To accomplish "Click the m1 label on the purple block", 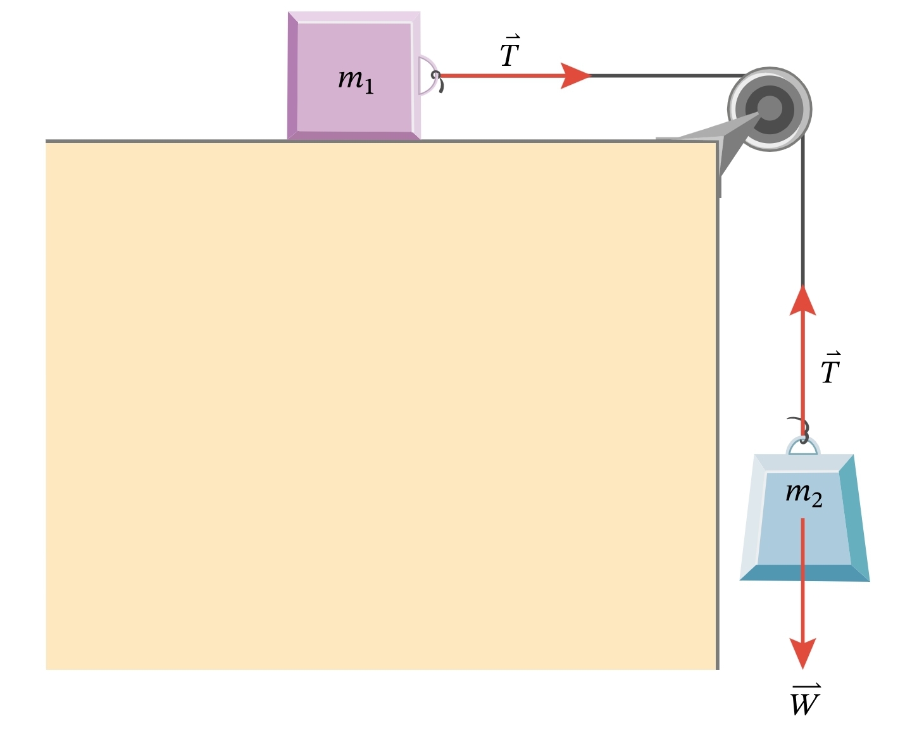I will [x=356, y=80].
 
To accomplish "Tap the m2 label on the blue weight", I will [x=804, y=494].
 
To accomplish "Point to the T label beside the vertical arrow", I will [x=830, y=368].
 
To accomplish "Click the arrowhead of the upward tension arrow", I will [x=803, y=300].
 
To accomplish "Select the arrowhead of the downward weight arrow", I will [x=803, y=653].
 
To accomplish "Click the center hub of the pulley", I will [x=770, y=109].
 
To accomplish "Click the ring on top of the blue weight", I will [x=803, y=446].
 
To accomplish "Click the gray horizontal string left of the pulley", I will [x=665, y=76].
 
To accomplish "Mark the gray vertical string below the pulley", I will [x=803, y=222].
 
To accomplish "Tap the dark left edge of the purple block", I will [x=292, y=76].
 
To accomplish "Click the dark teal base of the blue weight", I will [x=804, y=573].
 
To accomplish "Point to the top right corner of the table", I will [x=717, y=141].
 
